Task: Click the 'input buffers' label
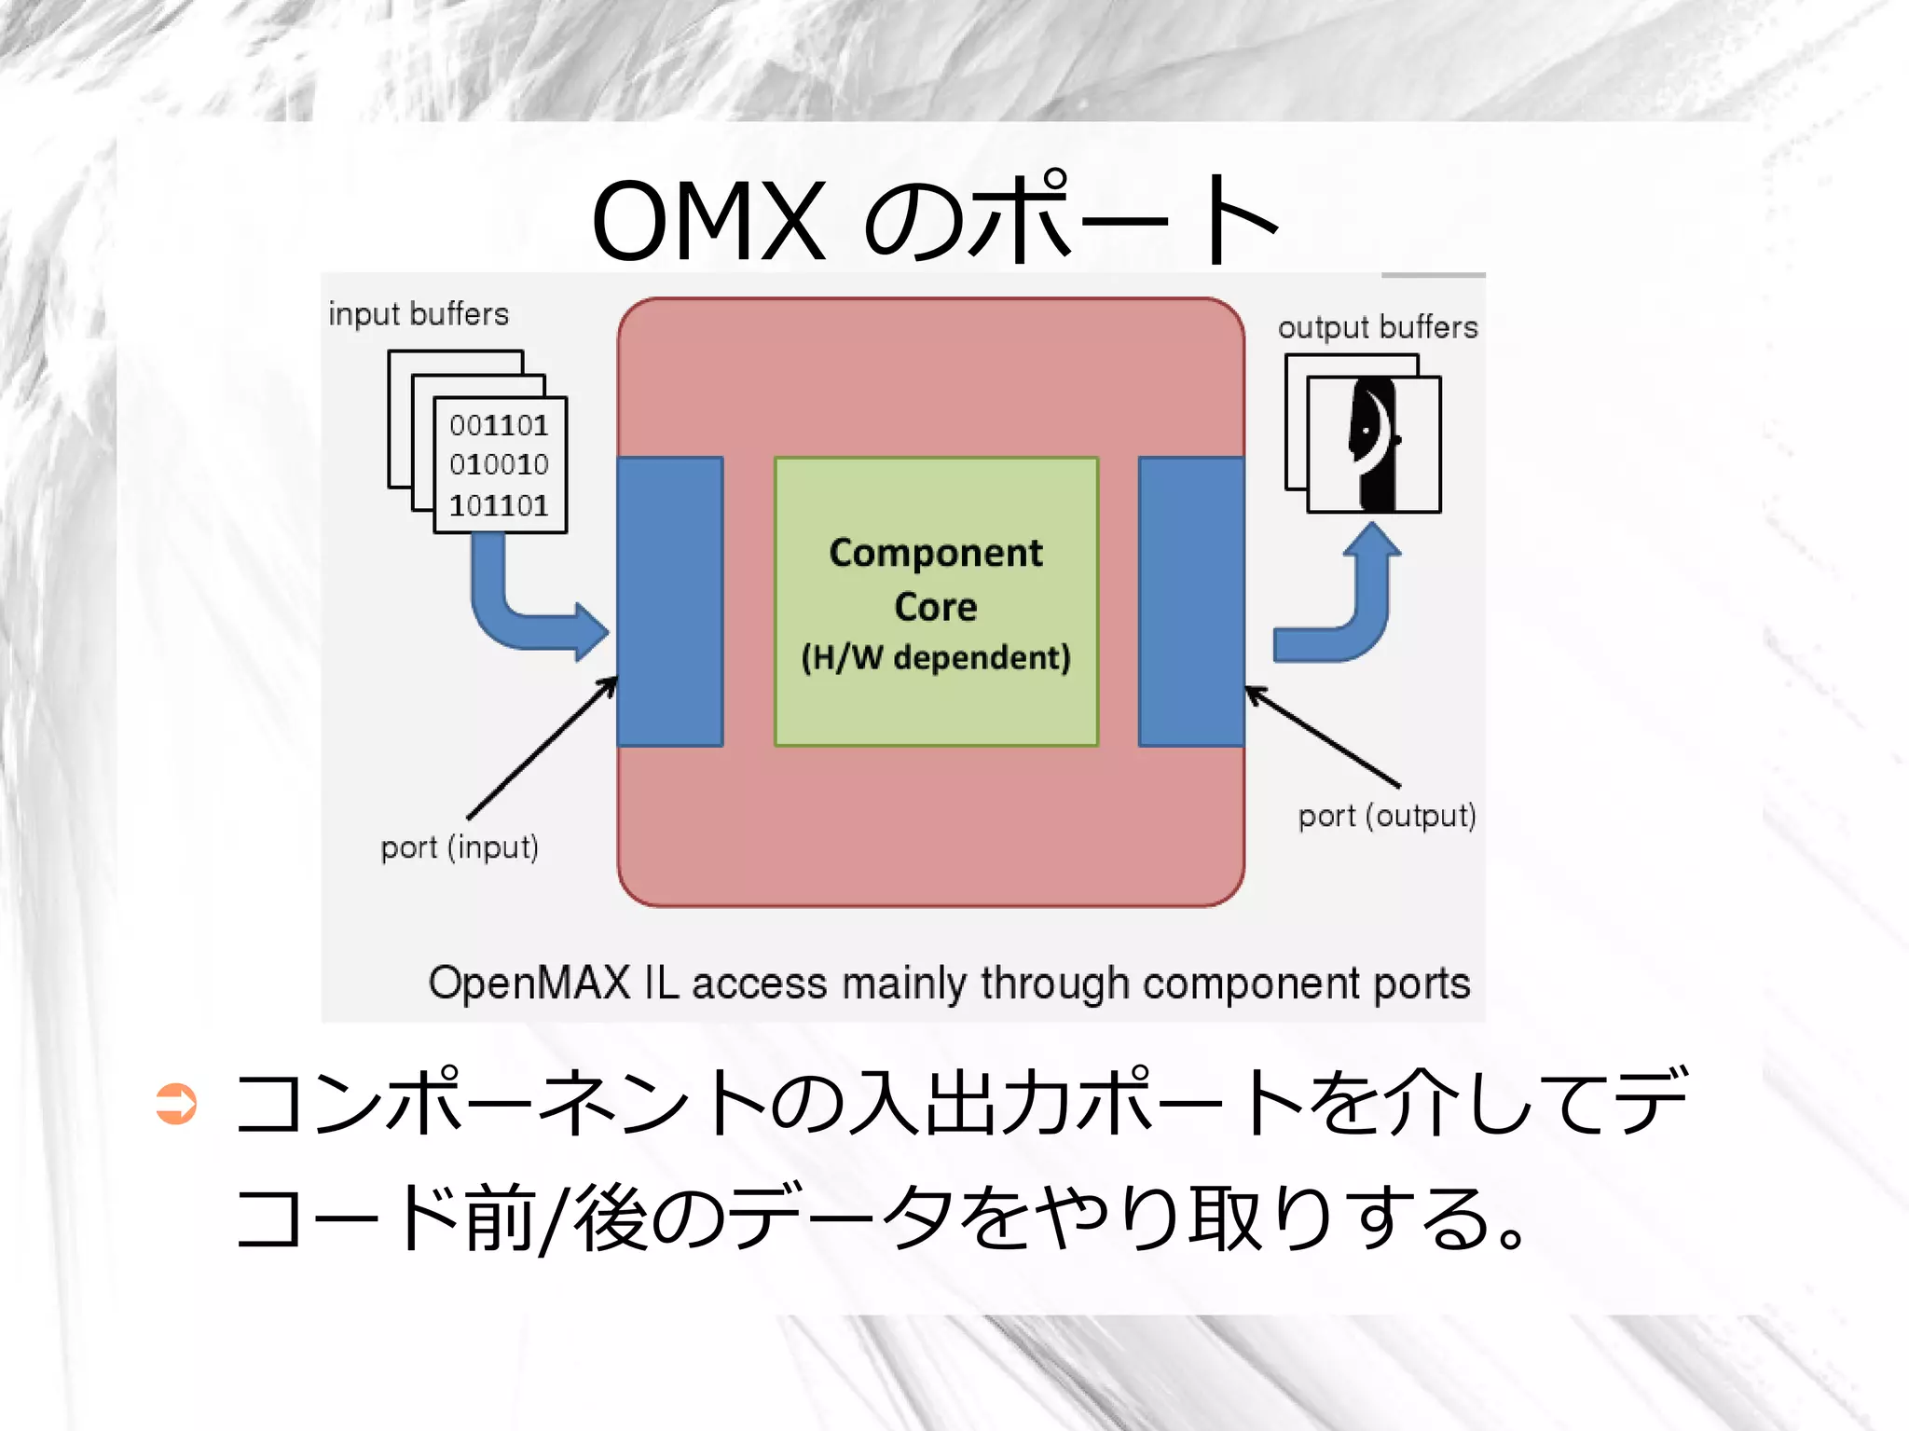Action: tap(419, 314)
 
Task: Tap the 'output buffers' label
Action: tap(1377, 327)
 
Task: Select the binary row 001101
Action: tap(499, 426)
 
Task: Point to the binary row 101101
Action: tap(499, 505)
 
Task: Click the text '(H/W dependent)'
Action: tap(936, 657)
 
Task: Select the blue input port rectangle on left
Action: tap(670, 601)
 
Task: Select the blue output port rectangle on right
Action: tap(1191, 601)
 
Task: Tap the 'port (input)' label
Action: tap(459, 847)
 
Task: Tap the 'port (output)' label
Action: tap(1386, 816)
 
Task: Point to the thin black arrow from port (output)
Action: tap(1324, 736)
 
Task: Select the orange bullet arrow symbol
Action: tap(176, 1104)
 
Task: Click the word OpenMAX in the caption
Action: tap(529, 983)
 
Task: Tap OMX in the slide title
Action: tap(708, 221)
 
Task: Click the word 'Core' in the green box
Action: tap(936, 607)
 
